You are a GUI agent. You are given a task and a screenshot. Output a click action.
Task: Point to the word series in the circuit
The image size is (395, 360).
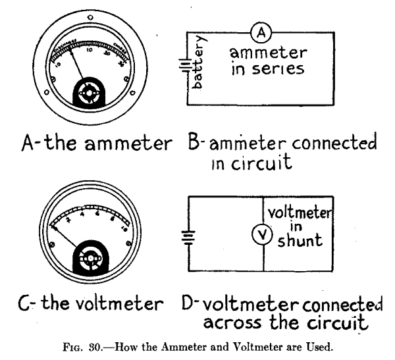coord(276,69)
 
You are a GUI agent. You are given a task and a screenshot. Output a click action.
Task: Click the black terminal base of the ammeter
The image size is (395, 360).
coord(86,93)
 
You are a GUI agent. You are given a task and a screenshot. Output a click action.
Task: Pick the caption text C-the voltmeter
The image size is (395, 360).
coord(80,305)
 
